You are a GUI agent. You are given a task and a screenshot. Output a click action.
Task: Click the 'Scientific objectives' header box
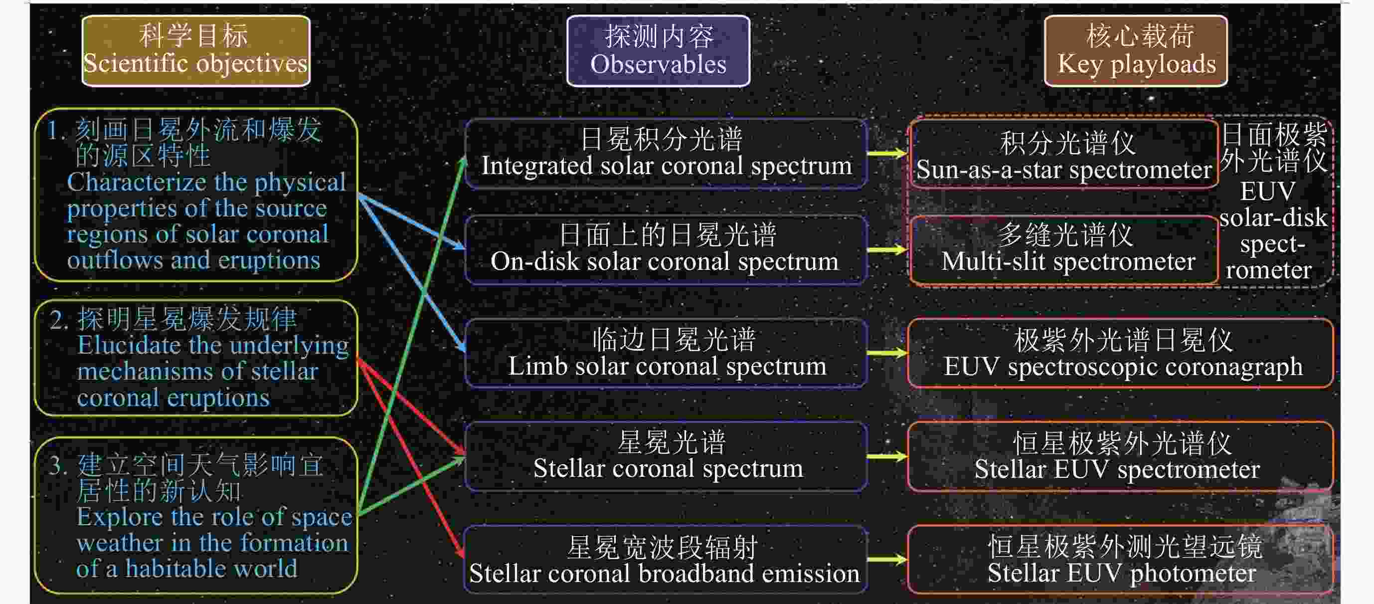click(x=196, y=51)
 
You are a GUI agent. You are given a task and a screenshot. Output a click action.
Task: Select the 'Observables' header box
click(x=658, y=51)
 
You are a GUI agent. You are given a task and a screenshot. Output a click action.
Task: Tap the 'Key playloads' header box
click(x=1136, y=51)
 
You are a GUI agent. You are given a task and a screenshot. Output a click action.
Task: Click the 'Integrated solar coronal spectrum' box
click(x=666, y=154)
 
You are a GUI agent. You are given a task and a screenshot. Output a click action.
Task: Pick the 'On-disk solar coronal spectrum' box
click(x=666, y=249)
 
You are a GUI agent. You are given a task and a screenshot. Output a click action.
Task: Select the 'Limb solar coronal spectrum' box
click(x=666, y=353)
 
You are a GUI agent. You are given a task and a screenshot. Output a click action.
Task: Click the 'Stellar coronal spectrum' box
click(x=666, y=456)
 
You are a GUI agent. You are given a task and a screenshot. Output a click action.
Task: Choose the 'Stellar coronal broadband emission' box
click(x=666, y=559)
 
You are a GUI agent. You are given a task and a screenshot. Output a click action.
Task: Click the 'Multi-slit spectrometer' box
click(x=1064, y=249)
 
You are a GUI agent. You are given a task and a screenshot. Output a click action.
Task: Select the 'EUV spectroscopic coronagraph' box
click(x=1121, y=353)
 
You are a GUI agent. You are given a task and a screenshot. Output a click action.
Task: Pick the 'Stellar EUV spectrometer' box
click(x=1121, y=456)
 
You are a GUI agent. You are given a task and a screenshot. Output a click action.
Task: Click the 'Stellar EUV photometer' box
click(x=1121, y=559)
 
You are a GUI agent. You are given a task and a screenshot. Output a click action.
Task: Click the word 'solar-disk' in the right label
click(x=1273, y=217)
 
